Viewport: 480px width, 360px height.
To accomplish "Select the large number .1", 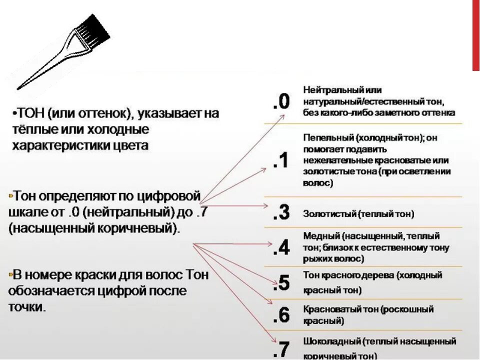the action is point(281,160).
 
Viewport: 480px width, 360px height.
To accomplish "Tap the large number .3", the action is point(281,212).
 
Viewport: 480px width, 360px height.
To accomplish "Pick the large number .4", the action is point(281,247).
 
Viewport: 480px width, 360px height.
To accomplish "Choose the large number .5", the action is point(281,283).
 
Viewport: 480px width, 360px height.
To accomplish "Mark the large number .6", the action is point(281,315).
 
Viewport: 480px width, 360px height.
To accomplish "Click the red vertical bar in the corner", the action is point(475,35).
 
